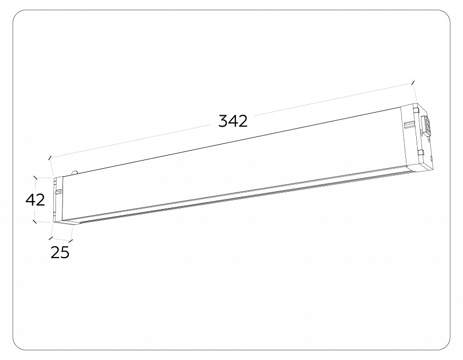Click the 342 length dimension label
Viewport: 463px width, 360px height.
tap(233, 121)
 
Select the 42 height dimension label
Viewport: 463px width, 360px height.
tap(35, 199)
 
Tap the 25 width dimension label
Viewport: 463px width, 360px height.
tap(60, 252)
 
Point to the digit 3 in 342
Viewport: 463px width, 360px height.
tap(223, 121)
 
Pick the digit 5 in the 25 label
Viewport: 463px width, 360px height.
tap(65, 252)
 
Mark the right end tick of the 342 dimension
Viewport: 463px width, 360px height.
tap(413, 83)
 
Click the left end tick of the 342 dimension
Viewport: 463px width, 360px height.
tap(50, 157)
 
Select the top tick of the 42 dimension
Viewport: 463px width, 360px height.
tap(35, 176)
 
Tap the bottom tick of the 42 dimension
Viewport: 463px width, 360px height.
tap(35, 220)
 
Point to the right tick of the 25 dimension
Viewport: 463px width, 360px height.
tap(71, 241)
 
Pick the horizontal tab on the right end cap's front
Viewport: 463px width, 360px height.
tap(409, 126)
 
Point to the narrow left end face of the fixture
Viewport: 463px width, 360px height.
tap(57, 199)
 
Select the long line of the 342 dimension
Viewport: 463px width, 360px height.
tap(323, 102)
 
